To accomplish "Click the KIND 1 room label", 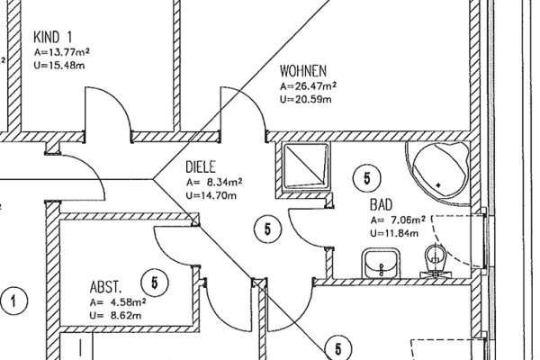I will (54, 37).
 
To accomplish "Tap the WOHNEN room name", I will (302, 70).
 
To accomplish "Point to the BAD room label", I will (381, 205).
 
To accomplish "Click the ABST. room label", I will (107, 287).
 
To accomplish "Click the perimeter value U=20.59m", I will (305, 99).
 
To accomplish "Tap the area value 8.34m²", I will (214, 181).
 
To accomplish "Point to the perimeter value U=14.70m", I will (211, 194).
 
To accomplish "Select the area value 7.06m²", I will (398, 220).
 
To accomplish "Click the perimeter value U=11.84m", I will (395, 233).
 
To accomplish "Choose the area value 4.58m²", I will (117, 302).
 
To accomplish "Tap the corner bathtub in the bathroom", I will (440, 167).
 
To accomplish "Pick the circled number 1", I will (13, 300).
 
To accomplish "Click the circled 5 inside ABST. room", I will (156, 283).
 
